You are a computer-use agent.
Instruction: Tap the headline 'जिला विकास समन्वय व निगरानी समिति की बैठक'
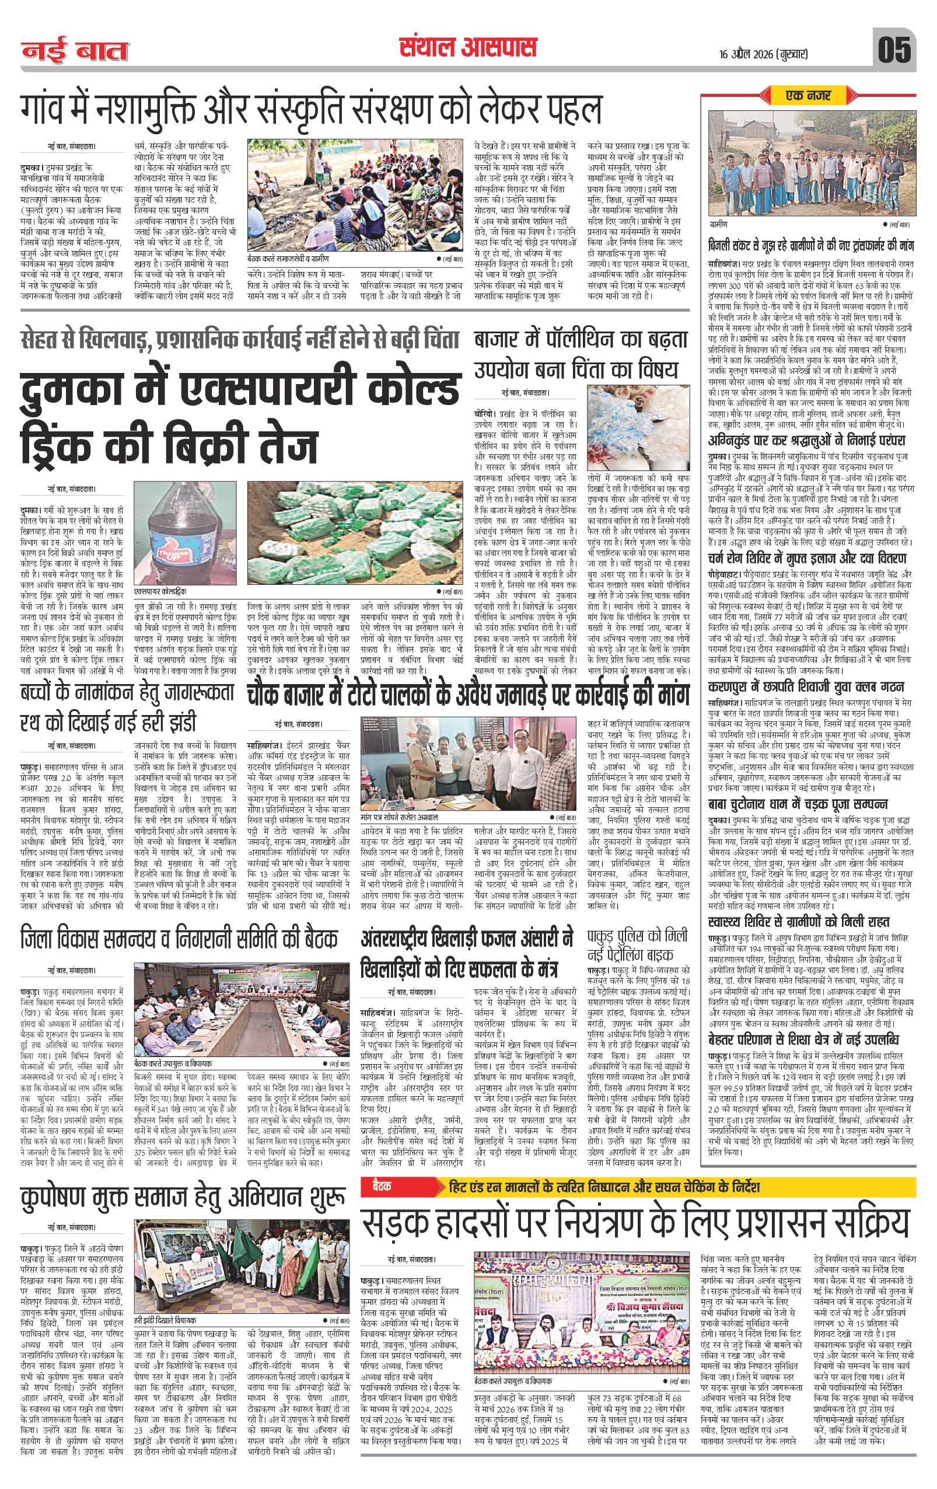(x=179, y=939)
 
